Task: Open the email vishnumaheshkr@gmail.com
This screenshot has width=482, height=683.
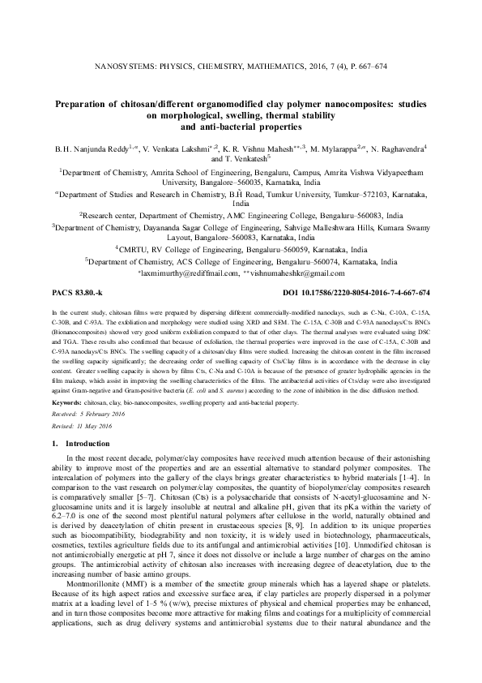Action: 303,273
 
